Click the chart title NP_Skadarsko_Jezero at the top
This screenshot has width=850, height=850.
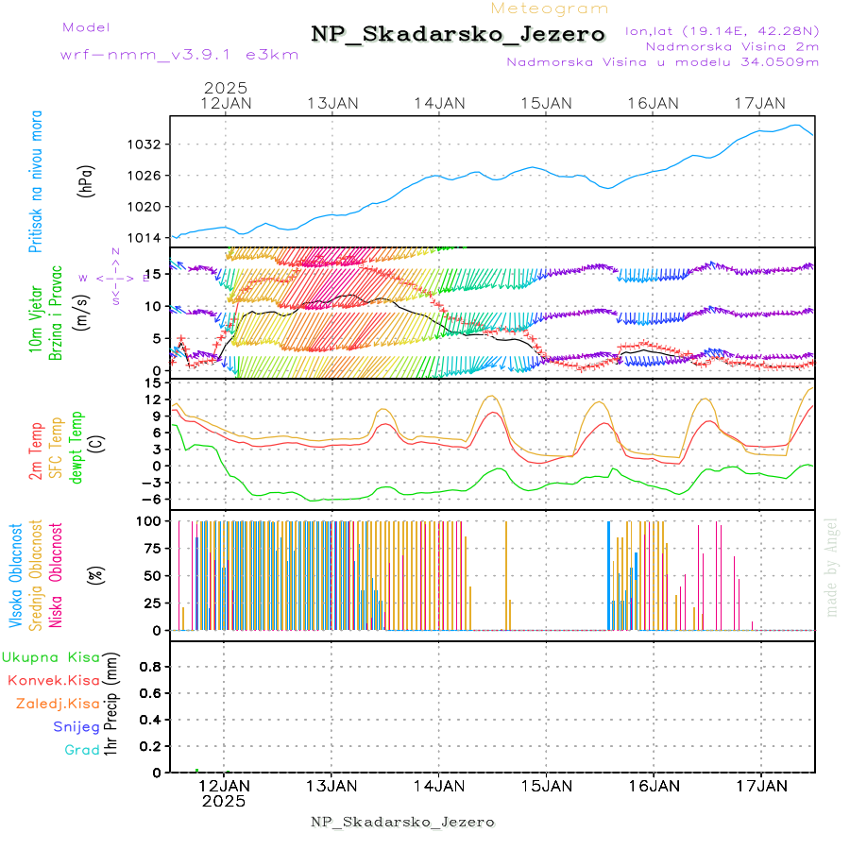(458, 34)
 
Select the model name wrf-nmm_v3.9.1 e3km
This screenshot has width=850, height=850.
(179, 54)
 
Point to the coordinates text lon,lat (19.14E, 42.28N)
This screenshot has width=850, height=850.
(722, 30)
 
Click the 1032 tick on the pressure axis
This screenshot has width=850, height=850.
(149, 144)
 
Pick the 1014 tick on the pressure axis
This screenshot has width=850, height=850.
(149, 237)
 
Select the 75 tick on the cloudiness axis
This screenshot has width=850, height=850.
(149, 548)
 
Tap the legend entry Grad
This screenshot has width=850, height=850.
(81, 751)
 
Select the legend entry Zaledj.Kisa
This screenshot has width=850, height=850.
(58, 704)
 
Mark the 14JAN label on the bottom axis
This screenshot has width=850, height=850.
(439, 786)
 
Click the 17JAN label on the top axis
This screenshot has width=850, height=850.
(761, 103)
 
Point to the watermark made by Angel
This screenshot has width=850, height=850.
(832, 567)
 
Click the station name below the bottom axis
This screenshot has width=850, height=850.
(402, 822)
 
